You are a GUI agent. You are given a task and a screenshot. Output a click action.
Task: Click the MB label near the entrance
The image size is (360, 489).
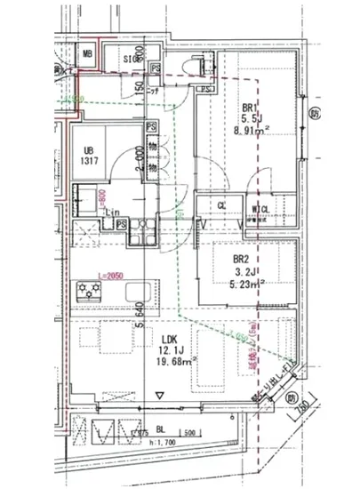tap(87, 54)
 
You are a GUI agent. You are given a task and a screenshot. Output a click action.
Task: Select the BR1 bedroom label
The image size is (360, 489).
tap(250, 110)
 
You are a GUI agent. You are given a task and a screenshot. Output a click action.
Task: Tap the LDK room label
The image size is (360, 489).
tap(169, 338)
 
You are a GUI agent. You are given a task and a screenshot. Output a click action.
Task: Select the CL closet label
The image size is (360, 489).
tap(221, 209)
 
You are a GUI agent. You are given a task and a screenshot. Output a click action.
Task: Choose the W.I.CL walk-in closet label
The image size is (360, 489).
tap(262, 210)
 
